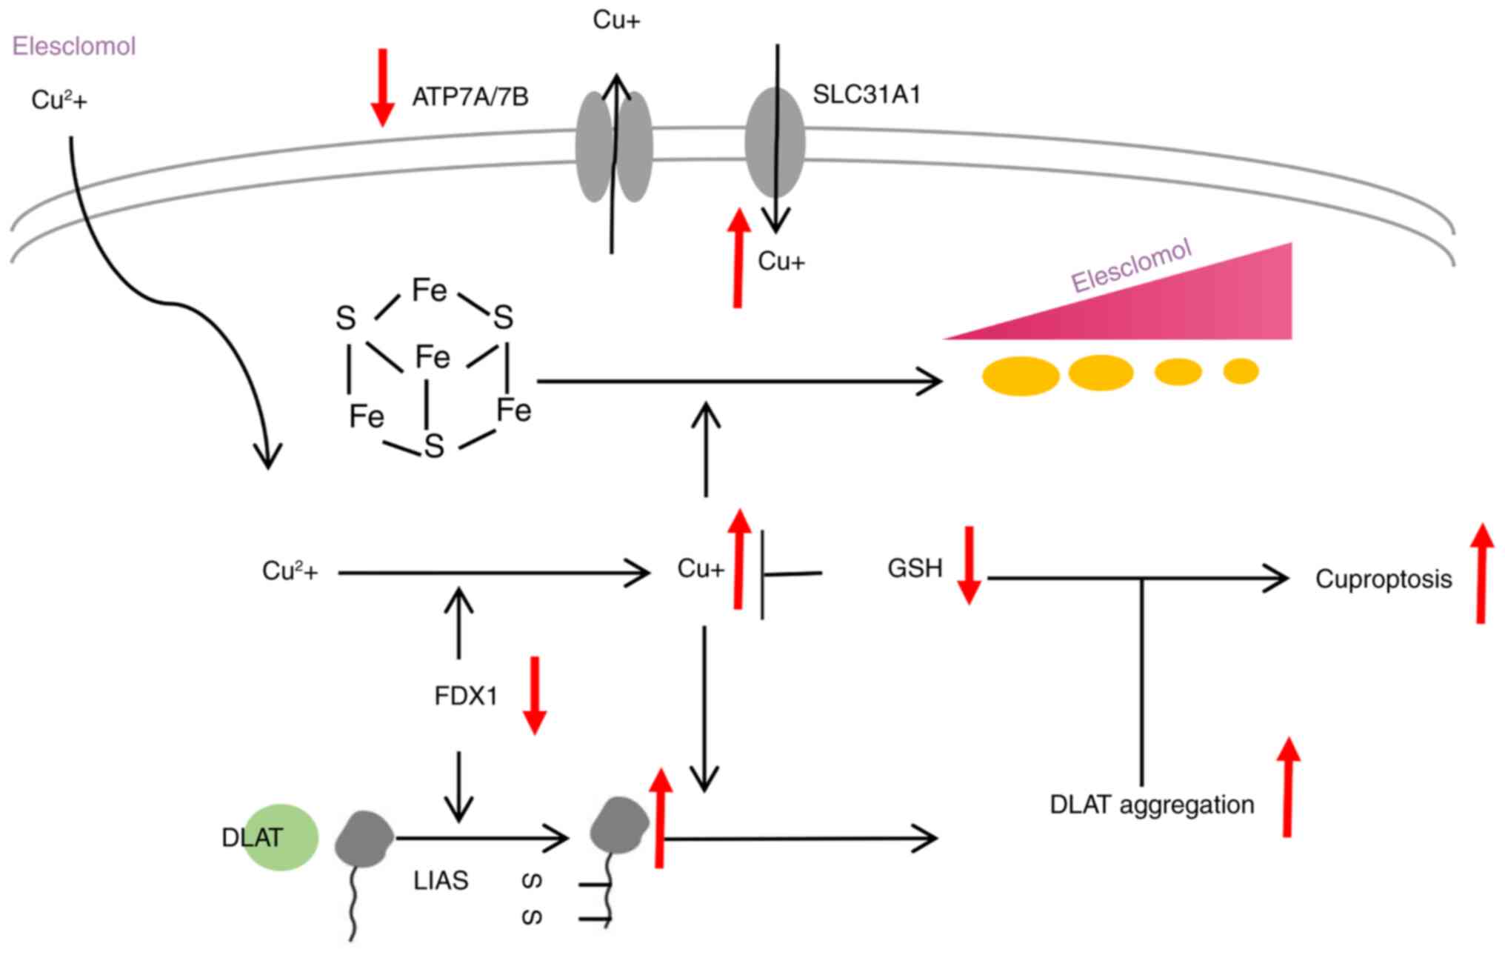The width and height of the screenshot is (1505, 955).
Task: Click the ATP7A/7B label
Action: tap(470, 97)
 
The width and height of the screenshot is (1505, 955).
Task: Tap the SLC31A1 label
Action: tap(867, 95)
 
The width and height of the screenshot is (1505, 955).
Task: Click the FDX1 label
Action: tap(466, 696)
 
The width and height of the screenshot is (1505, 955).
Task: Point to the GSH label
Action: tap(915, 568)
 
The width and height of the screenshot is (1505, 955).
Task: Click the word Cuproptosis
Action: tap(1383, 579)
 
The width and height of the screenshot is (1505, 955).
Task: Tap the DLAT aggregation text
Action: tap(1152, 804)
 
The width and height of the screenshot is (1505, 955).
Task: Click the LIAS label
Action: tap(441, 880)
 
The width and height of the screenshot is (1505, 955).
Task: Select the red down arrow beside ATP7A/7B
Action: tap(382, 87)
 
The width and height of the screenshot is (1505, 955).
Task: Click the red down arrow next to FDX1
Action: tap(534, 695)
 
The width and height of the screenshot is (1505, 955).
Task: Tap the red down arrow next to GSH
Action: tap(969, 565)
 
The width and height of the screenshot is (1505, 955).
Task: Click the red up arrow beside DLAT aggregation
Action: tap(1288, 787)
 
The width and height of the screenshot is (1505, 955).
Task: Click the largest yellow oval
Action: tap(1021, 376)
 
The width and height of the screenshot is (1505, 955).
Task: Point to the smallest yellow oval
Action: tap(1241, 370)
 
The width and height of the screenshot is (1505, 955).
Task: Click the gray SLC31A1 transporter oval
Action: tap(775, 143)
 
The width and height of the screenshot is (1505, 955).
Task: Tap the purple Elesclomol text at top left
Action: tap(74, 46)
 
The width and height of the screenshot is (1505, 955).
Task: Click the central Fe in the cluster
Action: tap(433, 357)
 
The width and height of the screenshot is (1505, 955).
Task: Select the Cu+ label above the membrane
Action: tap(616, 20)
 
